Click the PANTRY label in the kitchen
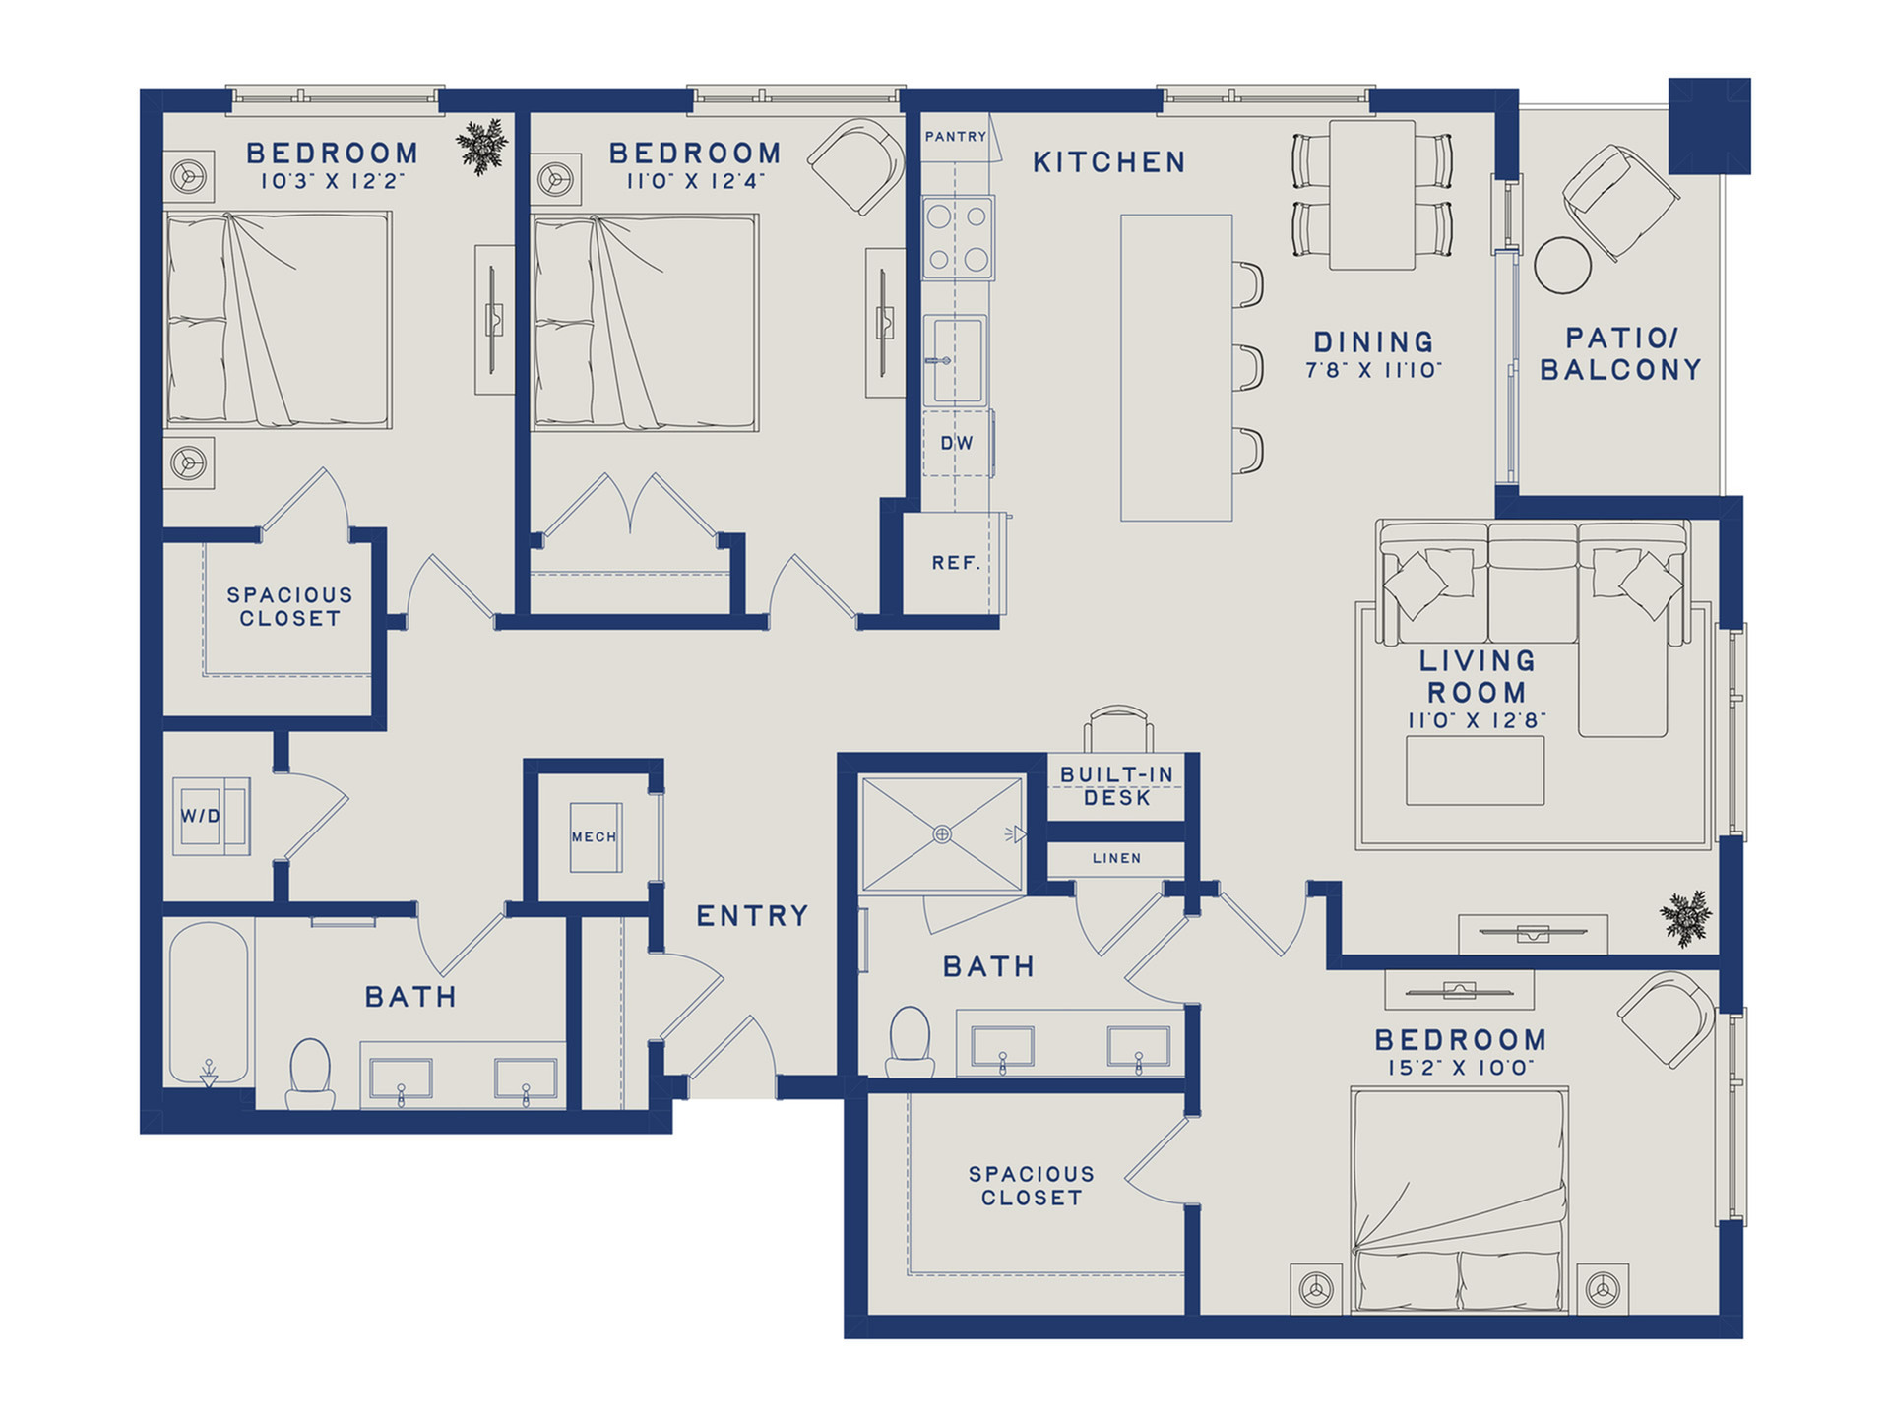[x=955, y=137]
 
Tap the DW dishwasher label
[x=957, y=444]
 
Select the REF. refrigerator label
[x=956, y=563]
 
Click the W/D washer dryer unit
[x=211, y=816]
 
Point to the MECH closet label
[x=594, y=837]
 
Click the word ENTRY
[x=752, y=916]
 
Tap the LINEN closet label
[x=1116, y=858]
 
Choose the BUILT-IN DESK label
[x=1117, y=786]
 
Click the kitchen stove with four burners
[x=958, y=237]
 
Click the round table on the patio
[x=1562, y=265]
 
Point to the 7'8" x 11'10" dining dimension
[x=1373, y=370]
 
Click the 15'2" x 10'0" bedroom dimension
[x=1461, y=1068]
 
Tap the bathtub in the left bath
[x=209, y=1004]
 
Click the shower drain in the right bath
[x=942, y=834]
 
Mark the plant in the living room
[x=1685, y=918]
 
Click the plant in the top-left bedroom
[x=482, y=147]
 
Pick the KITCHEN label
[x=1109, y=162]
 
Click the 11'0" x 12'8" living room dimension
[x=1477, y=720]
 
